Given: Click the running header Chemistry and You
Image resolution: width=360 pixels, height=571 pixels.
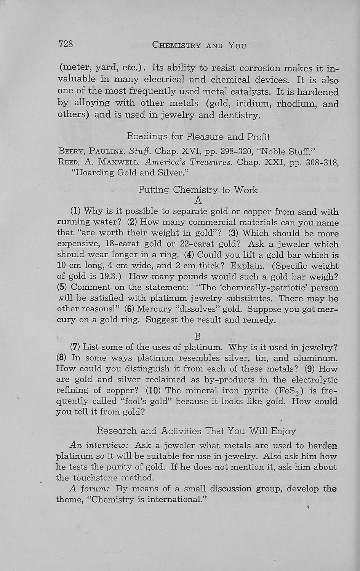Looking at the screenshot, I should (199, 45).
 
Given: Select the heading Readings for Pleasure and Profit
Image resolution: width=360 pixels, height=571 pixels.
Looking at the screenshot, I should (198, 136).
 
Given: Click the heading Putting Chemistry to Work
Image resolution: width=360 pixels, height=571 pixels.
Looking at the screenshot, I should (198, 190).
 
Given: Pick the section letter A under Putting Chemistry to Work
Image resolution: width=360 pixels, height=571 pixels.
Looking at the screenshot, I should (198, 200).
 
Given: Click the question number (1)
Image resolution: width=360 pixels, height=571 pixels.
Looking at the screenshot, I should (75, 211).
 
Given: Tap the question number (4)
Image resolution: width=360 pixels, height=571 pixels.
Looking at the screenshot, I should (189, 255).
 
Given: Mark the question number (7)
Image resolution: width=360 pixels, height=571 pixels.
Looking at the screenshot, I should (75, 347).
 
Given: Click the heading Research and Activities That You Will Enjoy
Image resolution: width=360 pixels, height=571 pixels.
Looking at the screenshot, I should (197, 431).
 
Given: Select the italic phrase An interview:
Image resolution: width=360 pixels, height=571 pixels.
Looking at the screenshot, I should (100, 445).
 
